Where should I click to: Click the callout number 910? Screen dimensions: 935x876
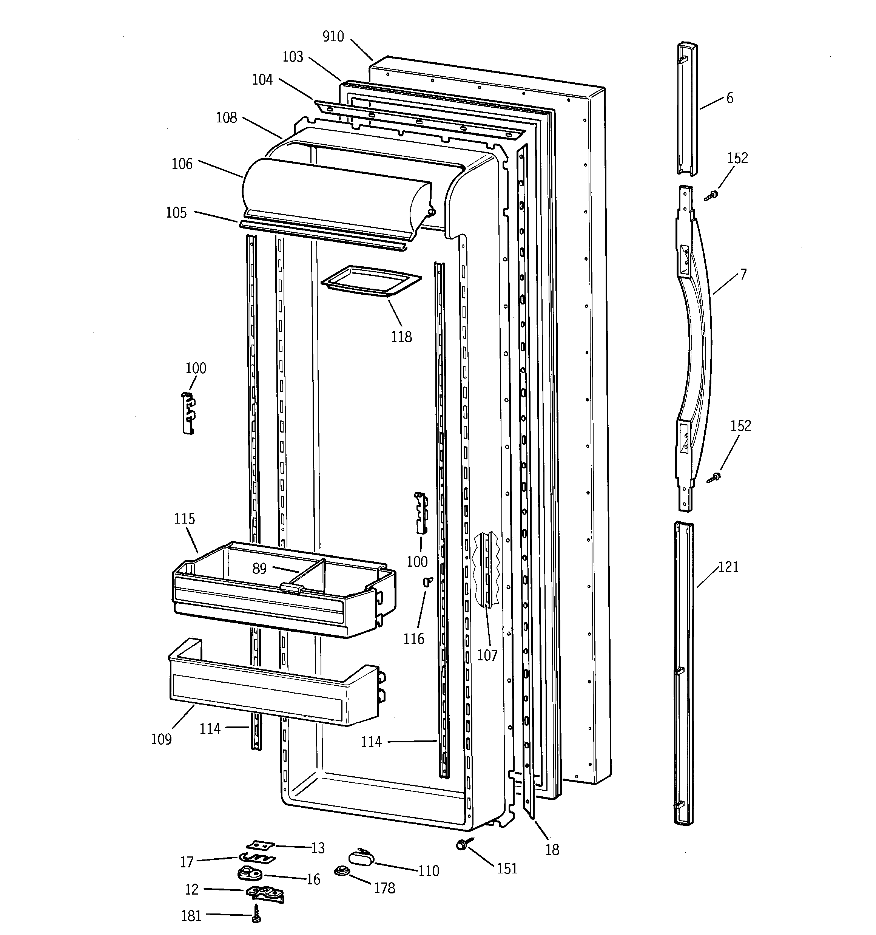tap(333, 37)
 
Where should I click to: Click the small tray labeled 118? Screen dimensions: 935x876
tap(370, 281)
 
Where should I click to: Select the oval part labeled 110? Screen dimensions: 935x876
tap(361, 859)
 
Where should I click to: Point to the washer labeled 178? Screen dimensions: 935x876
tap(341, 871)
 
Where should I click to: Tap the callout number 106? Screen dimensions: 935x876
tap(182, 164)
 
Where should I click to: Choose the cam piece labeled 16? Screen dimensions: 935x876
tap(249, 873)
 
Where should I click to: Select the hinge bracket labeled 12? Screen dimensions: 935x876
tap(264, 892)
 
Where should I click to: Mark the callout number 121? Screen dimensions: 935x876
tap(728, 567)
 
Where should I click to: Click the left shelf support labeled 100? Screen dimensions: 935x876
tap(188, 413)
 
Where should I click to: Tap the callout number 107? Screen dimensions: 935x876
tap(487, 655)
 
